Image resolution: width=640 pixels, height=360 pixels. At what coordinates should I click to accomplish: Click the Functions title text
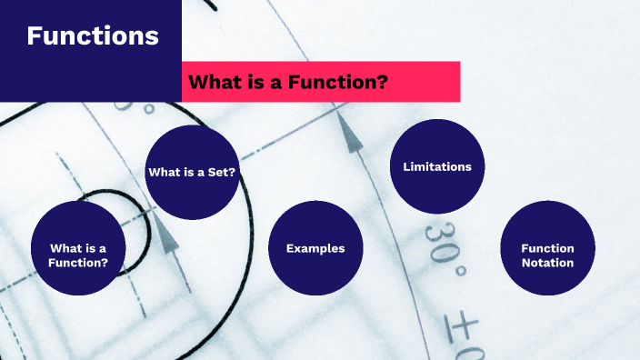click(x=93, y=36)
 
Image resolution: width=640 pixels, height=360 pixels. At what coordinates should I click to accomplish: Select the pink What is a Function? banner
click(x=321, y=82)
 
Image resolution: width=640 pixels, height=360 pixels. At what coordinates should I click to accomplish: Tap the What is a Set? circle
click(x=193, y=172)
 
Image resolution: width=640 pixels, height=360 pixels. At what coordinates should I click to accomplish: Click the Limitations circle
click(x=437, y=166)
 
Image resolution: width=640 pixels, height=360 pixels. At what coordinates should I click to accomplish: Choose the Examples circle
click(x=315, y=248)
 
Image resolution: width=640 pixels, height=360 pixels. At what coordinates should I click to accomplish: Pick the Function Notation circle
click(x=547, y=248)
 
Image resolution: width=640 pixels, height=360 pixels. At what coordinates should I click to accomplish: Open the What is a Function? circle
click(x=77, y=248)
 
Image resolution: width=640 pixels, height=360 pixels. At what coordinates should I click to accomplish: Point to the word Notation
click(x=547, y=263)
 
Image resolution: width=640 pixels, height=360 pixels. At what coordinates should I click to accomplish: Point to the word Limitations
click(x=437, y=166)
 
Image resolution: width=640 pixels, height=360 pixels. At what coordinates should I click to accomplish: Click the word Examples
click(x=315, y=248)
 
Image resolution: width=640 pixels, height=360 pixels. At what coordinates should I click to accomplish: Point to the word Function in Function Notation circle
click(x=547, y=248)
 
